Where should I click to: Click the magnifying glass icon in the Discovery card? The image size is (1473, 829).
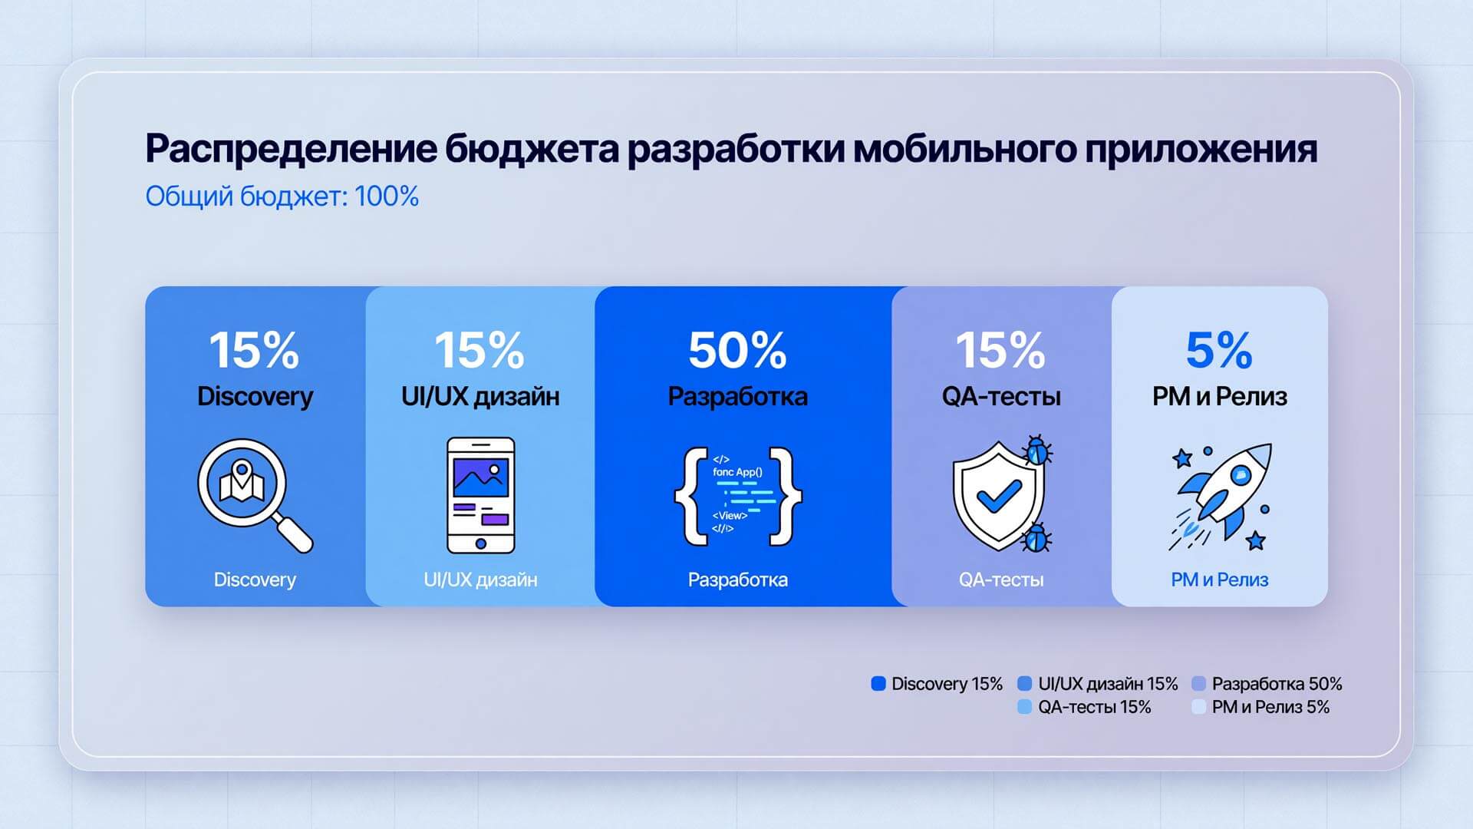pyautogui.click(x=253, y=494)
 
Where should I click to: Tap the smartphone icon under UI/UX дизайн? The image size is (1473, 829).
pyautogui.click(x=481, y=495)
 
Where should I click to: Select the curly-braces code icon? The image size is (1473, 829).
pyautogui.click(x=738, y=496)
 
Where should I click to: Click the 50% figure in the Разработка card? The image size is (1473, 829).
pyautogui.click(x=737, y=350)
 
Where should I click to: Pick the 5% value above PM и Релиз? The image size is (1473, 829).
pyautogui.click(x=1219, y=350)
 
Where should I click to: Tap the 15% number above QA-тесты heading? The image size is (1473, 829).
pyautogui.click(x=1000, y=350)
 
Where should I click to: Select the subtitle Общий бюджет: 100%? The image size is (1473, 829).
pyautogui.click(x=282, y=197)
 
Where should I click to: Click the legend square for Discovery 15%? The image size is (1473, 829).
pyautogui.click(x=878, y=683)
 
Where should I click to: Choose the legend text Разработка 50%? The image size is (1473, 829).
pyautogui.click(x=1277, y=683)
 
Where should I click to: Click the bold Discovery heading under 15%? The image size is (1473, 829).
pyautogui.click(x=255, y=397)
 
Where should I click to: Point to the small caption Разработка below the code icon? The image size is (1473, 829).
pyautogui.click(x=737, y=580)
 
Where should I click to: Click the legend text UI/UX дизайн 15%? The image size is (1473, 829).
pyautogui.click(x=1108, y=683)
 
